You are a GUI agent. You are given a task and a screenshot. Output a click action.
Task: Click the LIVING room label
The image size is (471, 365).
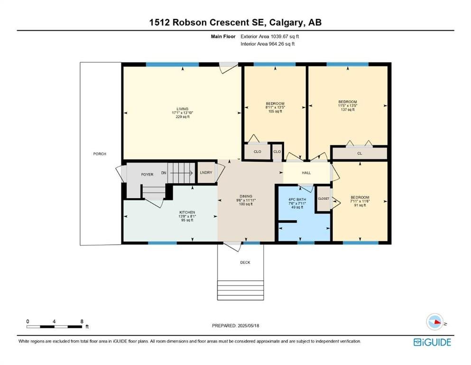pos(182,109)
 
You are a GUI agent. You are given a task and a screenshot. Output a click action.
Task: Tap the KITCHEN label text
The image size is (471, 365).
pos(187,212)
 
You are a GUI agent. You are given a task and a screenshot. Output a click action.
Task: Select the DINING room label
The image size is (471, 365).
pos(246,196)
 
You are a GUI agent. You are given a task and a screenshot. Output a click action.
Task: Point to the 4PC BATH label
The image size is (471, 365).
pos(297,200)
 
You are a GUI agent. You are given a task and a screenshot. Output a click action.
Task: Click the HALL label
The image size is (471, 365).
pos(306,173)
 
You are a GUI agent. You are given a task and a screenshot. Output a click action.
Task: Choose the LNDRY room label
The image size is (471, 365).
pos(206,173)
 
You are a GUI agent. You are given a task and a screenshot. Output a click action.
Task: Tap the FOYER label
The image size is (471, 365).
pos(147,174)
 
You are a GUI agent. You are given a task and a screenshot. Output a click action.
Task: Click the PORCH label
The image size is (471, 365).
pos(100,154)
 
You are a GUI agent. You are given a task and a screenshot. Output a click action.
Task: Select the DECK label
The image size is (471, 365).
pos(245,262)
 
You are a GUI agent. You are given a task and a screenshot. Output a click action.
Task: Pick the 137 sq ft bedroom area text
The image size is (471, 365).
pos(348,109)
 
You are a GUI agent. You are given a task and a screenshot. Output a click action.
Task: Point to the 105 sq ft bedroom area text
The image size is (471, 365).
pos(275,111)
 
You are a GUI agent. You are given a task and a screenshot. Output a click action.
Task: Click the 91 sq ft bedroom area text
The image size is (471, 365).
pos(360,205)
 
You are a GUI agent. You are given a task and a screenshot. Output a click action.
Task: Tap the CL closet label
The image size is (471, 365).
pos(360,154)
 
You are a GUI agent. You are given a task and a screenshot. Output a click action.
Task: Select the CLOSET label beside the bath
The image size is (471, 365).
pos(323,199)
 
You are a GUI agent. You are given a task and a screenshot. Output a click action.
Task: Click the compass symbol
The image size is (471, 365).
pos(434,322)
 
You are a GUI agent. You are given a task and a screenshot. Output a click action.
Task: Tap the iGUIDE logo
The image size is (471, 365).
pos(432,342)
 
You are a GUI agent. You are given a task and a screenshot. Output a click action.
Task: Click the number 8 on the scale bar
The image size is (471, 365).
pos(82,321)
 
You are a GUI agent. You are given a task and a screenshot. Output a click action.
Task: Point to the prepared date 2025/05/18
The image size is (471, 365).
pos(248,326)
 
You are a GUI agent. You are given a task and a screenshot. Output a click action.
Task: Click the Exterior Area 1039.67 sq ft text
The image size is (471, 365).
pos(270,37)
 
